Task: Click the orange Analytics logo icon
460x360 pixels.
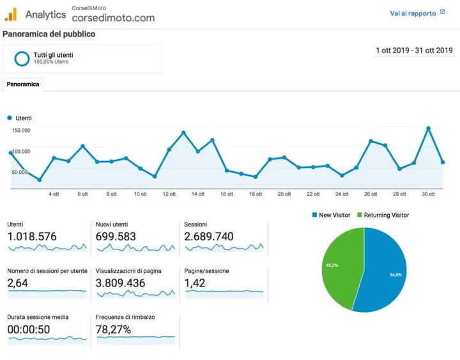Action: (x=11, y=15)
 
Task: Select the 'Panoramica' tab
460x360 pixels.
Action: (x=23, y=84)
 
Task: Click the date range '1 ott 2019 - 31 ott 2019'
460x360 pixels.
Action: (x=414, y=51)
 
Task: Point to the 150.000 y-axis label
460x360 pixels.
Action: (x=21, y=130)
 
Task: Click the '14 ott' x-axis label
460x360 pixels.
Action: (x=198, y=194)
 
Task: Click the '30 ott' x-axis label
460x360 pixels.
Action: (x=428, y=194)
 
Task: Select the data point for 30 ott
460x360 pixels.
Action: (x=428, y=129)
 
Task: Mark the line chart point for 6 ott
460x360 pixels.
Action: (x=82, y=146)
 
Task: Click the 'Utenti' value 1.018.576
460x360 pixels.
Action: (x=32, y=237)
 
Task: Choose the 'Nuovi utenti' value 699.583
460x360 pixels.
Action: (x=116, y=237)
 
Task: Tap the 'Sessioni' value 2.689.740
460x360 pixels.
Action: (x=209, y=237)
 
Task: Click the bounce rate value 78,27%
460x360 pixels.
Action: (x=113, y=330)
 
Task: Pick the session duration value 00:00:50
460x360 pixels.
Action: (x=29, y=330)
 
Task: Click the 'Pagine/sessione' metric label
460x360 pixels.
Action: (x=206, y=271)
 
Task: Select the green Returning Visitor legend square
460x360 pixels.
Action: (x=359, y=215)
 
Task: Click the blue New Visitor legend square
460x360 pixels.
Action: (x=314, y=215)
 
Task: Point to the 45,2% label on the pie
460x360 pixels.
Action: (x=332, y=265)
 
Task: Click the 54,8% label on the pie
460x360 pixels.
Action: (x=395, y=275)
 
